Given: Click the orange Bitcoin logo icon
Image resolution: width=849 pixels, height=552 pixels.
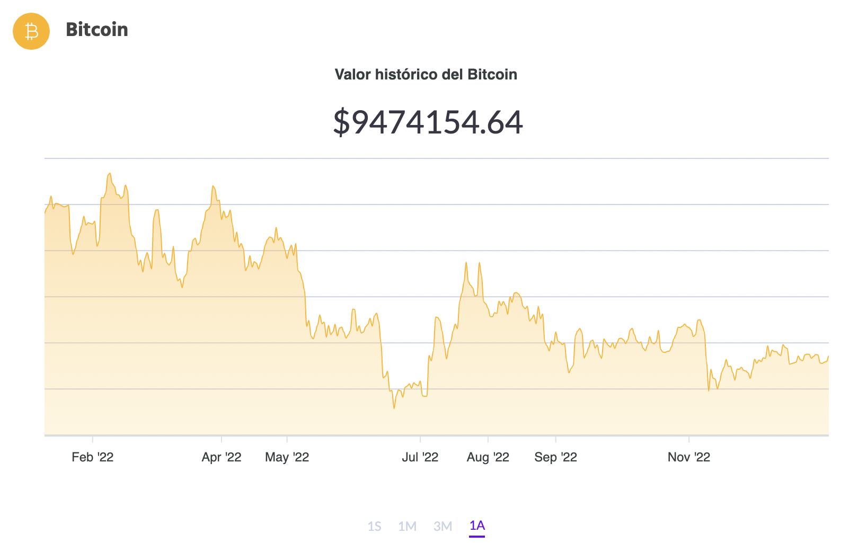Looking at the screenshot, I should (x=31, y=31).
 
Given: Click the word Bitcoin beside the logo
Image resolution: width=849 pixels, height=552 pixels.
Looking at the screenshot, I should (x=97, y=30).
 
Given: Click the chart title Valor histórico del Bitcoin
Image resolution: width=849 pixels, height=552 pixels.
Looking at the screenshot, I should (x=426, y=74).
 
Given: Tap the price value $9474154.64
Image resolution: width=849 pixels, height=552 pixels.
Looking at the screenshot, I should (x=428, y=122).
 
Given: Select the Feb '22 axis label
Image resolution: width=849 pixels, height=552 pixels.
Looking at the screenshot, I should (x=93, y=457).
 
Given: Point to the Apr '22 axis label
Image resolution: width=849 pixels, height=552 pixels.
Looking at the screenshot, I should (x=222, y=457).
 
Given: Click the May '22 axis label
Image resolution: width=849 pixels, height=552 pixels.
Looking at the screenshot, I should (x=287, y=457).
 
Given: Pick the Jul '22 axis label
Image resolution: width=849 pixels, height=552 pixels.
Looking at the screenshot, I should (x=420, y=457).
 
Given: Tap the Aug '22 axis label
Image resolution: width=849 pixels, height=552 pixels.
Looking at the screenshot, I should (x=488, y=457).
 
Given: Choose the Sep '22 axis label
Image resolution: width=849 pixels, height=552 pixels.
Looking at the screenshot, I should (x=555, y=457).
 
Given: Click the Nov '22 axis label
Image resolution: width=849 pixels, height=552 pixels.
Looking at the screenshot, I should (x=688, y=457).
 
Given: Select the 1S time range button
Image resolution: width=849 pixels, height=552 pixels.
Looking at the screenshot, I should (x=374, y=526).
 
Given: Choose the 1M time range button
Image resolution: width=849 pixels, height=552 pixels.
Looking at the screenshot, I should (x=407, y=526).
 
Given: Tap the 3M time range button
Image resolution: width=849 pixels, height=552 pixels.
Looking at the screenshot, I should (x=443, y=526).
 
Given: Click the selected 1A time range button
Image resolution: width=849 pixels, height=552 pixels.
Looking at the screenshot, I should (x=477, y=526).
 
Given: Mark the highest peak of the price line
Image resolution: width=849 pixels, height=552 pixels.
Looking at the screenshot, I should (x=110, y=173).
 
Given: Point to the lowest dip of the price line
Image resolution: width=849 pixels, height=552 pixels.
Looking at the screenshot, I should (x=394, y=408).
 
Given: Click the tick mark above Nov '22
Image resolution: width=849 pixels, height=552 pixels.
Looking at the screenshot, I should (x=689, y=439).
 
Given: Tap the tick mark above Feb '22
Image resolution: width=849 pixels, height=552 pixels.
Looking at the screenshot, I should (x=93, y=439).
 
